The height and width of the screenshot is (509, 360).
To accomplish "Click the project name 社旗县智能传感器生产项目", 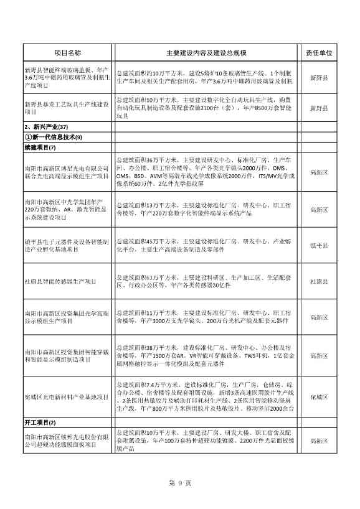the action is point(61,281).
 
